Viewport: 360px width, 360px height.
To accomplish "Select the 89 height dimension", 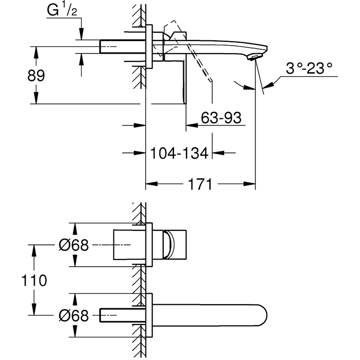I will click(36, 76).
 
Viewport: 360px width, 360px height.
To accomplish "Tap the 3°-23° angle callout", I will click(309, 69).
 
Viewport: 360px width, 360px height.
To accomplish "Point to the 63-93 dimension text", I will click(221, 118).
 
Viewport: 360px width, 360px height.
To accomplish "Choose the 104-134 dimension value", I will click(179, 153).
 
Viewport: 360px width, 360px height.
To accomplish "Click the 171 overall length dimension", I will click(200, 184).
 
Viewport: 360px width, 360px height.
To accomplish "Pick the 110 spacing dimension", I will click(35, 280).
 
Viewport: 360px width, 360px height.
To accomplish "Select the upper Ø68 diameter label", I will click(73, 246).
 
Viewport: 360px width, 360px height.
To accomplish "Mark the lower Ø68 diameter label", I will click(73, 316).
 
